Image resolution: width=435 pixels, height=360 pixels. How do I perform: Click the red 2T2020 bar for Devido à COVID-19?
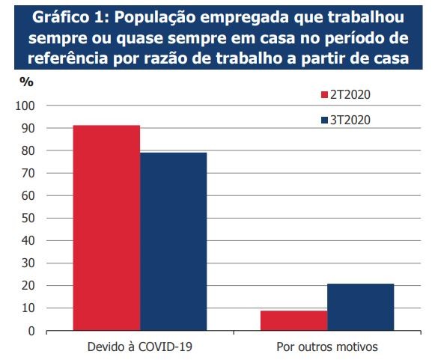(x=106, y=228)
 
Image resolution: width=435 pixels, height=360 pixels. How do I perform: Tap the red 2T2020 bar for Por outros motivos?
(x=293, y=320)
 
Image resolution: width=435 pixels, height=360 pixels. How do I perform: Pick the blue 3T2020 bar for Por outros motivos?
(x=360, y=307)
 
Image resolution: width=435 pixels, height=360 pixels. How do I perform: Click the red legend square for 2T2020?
(x=325, y=95)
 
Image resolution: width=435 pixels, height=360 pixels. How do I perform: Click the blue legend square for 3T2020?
(x=325, y=120)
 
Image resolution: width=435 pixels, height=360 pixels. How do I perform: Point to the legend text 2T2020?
(x=351, y=95)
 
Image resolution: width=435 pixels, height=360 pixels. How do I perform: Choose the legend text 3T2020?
(x=351, y=120)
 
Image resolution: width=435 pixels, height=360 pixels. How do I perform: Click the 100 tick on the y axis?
(x=25, y=106)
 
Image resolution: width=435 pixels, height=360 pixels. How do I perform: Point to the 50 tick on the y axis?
(x=28, y=219)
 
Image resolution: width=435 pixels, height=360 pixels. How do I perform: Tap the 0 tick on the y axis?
(x=31, y=331)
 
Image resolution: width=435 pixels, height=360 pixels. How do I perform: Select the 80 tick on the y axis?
(x=28, y=151)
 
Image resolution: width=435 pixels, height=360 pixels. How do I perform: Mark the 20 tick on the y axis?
(x=28, y=286)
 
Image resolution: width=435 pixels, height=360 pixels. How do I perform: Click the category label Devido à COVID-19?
(x=139, y=347)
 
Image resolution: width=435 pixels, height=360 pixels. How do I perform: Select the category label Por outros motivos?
(x=326, y=347)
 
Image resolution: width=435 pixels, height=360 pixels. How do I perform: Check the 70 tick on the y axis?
(x=28, y=174)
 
